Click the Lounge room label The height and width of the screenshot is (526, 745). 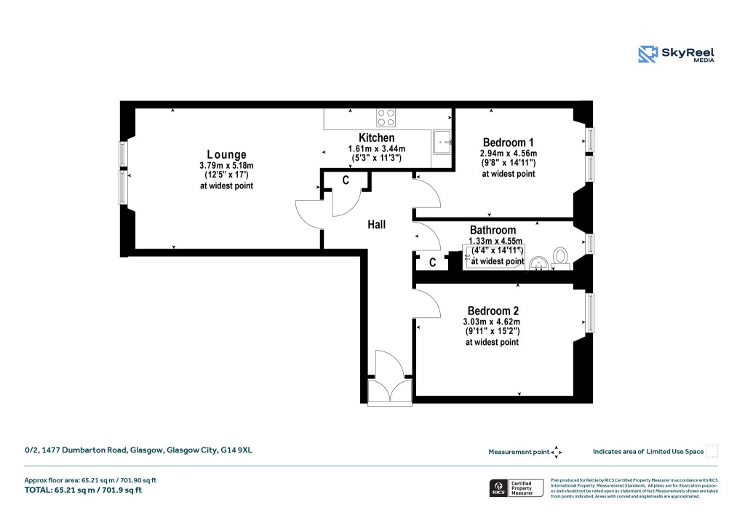pyautogui.click(x=226, y=154)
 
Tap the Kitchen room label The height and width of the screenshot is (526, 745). pyautogui.click(x=376, y=138)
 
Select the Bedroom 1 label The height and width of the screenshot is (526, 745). pyautogui.click(x=508, y=142)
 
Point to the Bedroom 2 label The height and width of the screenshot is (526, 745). pyautogui.click(x=492, y=311)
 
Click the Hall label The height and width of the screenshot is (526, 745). pyautogui.click(x=376, y=225)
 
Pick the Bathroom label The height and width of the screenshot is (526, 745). pyautogui.click(x=493, y=230)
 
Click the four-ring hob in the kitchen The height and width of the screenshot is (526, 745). pyautogui.click(x=386, y=117)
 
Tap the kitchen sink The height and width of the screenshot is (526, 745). pyautogui.click(x=442, y=142)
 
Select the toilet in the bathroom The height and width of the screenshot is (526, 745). pyautogui.click(x=561, y=256)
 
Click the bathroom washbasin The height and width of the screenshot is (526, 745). pyautogui.click(x=538, y=261)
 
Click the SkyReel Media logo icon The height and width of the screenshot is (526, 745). pyautogui.click(x=648, y=55)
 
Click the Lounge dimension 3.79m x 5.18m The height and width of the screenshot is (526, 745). pyautogui.click(x=226, y=166)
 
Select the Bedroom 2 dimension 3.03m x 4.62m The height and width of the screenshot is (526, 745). pyautogui.click(x=492, y=322)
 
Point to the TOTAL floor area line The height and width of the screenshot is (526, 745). pyautogui.click(x=83, y=490)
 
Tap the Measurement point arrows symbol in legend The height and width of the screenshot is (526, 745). pyautogui.click(x=557, y=452)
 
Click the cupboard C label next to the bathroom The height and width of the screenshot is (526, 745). pyautogui.click(x=432, y=263)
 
